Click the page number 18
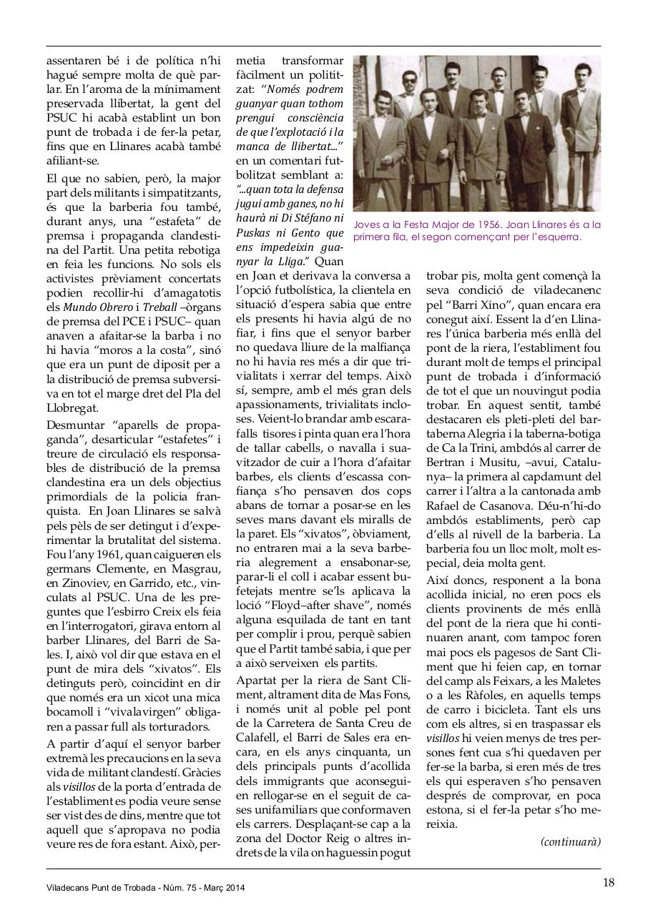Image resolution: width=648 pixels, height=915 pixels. (608, 881)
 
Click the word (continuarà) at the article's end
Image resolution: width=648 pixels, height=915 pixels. (571, 841)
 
